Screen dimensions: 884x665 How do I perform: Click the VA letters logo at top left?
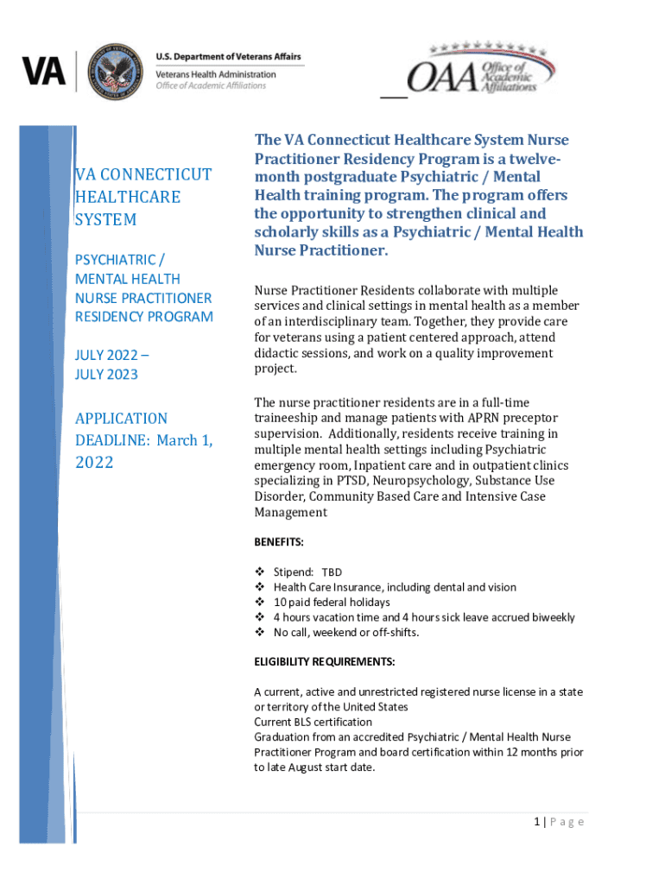[44, 71]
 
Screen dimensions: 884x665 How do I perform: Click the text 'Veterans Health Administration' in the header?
[216, 74]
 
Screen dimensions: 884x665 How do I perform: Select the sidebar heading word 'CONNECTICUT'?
[154, 174]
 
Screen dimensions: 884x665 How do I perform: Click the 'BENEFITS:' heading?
[278, 541]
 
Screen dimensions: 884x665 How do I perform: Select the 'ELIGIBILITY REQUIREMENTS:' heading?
[324, 662]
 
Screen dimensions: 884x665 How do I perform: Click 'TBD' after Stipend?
[332, 572]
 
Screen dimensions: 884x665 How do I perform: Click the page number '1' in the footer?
[536, 822]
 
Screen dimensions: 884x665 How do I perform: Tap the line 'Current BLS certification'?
[313, 722]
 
